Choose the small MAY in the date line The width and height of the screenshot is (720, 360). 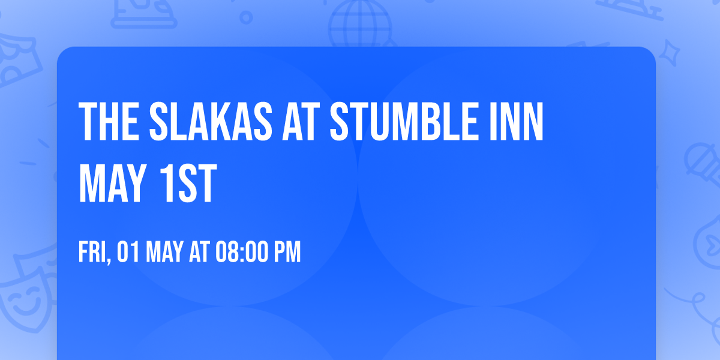164,252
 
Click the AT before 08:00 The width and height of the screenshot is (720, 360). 199,252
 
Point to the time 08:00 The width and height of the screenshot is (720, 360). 239,252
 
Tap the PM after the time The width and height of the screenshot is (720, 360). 287,252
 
